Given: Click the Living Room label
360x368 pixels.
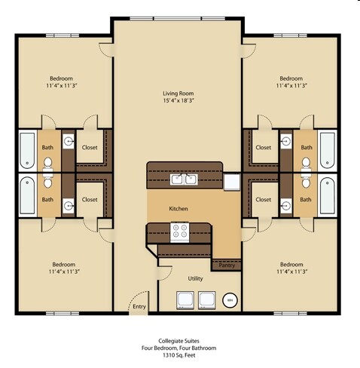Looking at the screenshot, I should (x=178, y=94).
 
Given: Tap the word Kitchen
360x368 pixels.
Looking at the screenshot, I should (x=178, y=208).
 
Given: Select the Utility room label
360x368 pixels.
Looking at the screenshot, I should (x=196, y=278).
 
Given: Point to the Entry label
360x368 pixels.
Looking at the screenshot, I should (x=139, y=306).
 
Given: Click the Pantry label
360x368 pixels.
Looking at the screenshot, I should (x=227, y=265).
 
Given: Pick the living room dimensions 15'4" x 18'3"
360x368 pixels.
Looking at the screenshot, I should (x=178, y=103).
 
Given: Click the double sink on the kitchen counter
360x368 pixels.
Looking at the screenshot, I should (x=185, y=179).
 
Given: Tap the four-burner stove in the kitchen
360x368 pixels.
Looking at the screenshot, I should (x=181, y=231).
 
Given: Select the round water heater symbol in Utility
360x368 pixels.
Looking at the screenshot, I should (x=231, y=301).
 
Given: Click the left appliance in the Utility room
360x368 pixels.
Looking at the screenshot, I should (x=185, y=300).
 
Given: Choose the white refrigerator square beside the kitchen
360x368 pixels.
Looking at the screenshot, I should (x=230, y=181).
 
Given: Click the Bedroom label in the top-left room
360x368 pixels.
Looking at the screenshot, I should (x=62, y=78).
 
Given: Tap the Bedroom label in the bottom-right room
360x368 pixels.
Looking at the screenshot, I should (x=291, y=264).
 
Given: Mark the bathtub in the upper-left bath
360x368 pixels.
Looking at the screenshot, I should (x=27, y=151).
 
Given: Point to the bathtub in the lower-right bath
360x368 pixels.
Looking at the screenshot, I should (x=328, y=195).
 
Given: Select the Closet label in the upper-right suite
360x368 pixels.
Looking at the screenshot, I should (x=263, y=147).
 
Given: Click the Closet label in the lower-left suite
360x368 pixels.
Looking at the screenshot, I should (x=90, y=200).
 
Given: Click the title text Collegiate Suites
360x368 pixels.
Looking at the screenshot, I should (x=179, y=341).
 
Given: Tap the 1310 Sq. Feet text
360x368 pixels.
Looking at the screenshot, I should (x=179, y=357).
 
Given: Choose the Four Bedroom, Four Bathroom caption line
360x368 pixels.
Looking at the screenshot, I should (x=179, y=348).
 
